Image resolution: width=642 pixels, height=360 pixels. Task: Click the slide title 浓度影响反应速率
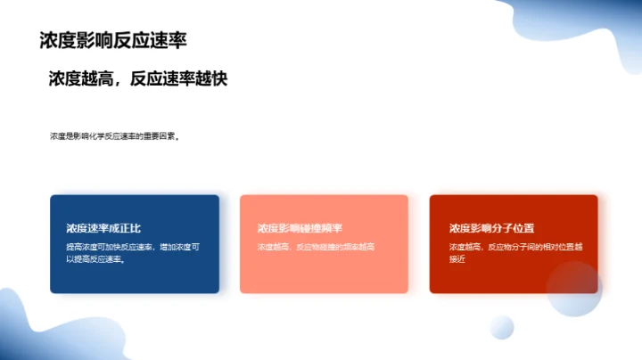[x=113, y=40]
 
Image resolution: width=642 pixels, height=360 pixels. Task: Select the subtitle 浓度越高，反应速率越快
[x=138, y=78]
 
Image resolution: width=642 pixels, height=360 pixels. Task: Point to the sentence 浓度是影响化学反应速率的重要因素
[x=114, y=137]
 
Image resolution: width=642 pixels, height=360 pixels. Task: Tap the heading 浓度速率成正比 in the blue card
[x=103, y=228]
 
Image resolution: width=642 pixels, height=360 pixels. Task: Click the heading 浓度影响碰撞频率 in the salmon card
[x=300, y=228]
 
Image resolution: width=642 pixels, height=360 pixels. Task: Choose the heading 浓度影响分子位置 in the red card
[x=491, y=228]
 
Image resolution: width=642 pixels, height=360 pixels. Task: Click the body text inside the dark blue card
[x=133, y=253]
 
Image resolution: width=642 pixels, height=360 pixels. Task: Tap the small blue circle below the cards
[x=502, y=327]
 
